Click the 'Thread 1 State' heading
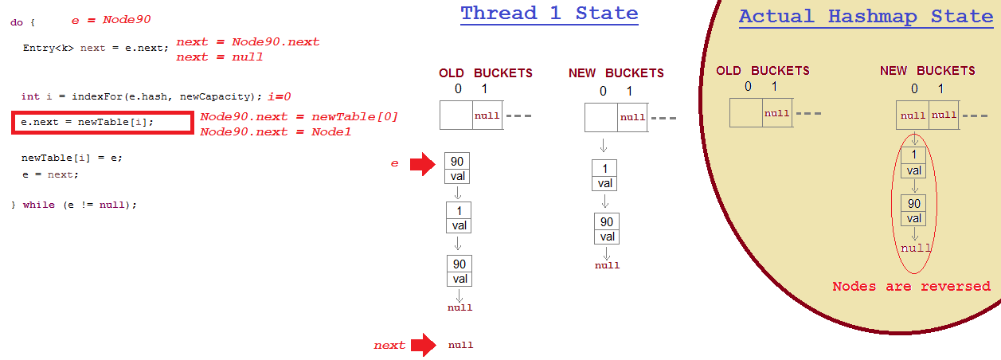549,14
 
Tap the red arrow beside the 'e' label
422,164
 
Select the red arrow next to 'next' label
421,345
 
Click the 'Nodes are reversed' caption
911,287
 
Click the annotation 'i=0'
279,96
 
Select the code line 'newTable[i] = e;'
72,158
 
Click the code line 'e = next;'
50,174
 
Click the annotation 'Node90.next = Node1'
276,131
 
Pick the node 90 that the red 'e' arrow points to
457,169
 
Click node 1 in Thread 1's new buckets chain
604,175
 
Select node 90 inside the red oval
914,211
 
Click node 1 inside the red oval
914,162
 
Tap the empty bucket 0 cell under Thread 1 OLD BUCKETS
456,115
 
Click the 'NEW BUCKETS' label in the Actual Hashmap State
927,71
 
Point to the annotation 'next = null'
219,57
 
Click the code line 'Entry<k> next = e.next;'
95,48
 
